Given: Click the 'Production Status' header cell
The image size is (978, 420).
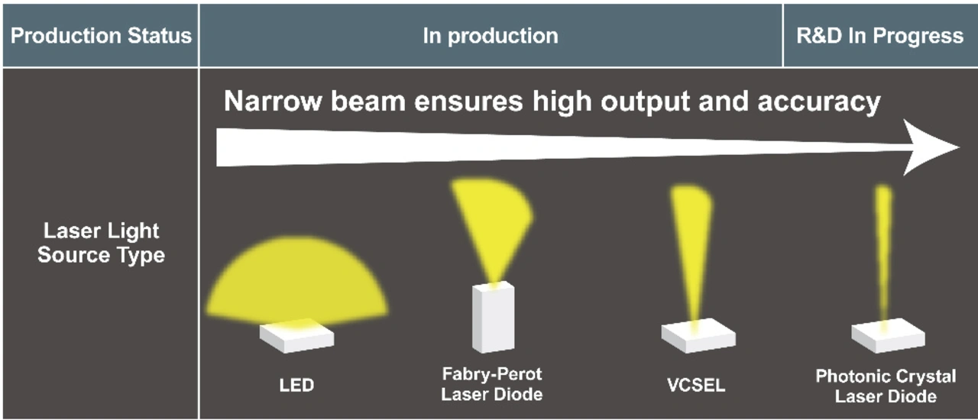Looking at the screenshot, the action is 101,35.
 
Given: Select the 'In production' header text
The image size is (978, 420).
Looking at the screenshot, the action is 491,36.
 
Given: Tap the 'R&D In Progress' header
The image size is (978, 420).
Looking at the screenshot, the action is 879,35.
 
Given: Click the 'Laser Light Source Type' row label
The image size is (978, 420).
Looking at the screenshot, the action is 101,243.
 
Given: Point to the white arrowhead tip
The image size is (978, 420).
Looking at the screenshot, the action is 959,147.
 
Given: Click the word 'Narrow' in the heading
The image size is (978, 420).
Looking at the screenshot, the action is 273,102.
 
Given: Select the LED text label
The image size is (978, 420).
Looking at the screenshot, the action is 296,385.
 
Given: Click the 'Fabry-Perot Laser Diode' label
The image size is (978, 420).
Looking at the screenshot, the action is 492,384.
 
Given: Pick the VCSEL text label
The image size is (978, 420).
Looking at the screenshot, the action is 696,385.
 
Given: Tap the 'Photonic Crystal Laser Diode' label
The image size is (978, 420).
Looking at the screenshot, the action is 886,386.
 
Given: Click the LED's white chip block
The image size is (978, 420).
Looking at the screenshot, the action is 297,336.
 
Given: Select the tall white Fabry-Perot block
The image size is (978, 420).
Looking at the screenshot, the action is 494,318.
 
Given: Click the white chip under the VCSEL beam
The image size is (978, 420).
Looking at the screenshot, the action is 698,336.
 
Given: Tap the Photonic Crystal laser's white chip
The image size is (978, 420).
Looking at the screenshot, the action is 888,336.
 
